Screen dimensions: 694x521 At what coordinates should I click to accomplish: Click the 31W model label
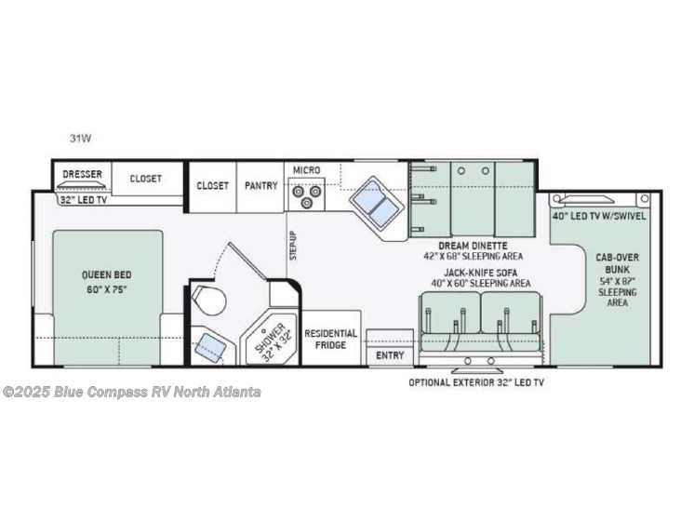(80, 138)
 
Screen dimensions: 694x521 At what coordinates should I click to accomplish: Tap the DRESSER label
(82, 174)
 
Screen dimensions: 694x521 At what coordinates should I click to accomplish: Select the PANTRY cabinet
(260, 187)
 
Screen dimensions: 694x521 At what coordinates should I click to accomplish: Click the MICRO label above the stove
(306, 170)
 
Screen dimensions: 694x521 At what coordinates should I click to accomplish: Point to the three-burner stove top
(306, 194)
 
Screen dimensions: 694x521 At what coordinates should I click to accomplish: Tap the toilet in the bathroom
(208, 300)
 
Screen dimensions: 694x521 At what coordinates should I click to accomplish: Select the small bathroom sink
(210, 348)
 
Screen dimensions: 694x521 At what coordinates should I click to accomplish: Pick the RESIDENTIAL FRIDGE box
(330, 339)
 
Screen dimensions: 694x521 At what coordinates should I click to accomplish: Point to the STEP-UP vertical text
(293, 246)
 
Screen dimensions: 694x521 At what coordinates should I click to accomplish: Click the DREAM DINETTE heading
(474, 246)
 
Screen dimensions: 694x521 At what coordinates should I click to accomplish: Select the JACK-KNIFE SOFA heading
(481, 273)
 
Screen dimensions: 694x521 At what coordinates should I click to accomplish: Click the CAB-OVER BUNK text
(617, 263)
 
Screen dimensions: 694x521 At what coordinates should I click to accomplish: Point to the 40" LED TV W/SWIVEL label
(599, 216)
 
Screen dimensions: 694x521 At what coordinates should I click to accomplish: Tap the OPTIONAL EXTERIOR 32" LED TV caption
(476, 382)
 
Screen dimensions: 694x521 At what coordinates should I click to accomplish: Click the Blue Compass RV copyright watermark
(132, 393)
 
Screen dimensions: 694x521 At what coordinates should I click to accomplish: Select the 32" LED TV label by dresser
(84, 200)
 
